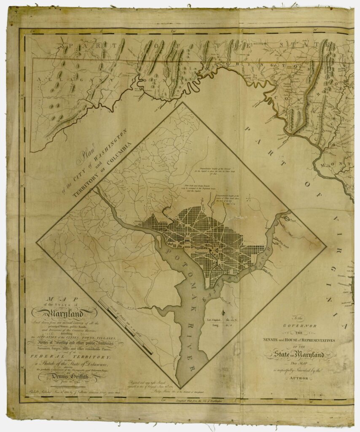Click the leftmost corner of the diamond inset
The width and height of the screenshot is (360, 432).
(37, 242)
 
